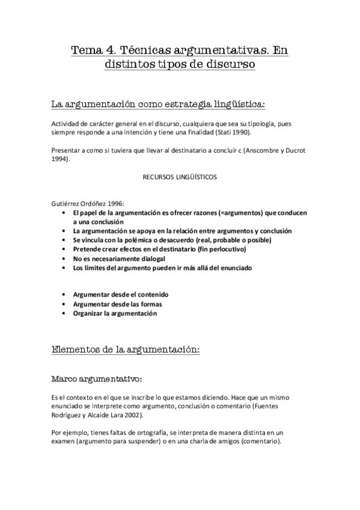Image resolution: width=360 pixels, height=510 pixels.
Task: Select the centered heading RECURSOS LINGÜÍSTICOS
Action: pyautogui.click(x=179, y=177)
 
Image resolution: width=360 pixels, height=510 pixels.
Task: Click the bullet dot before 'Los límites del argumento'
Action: pyautogui.click(x=65, y=267)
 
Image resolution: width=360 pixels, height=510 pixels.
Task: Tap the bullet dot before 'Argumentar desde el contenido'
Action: pyautogui.click(x=65, y=295)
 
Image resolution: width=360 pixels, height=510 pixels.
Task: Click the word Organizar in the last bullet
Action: pyautogui.click(x=90, y=313)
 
